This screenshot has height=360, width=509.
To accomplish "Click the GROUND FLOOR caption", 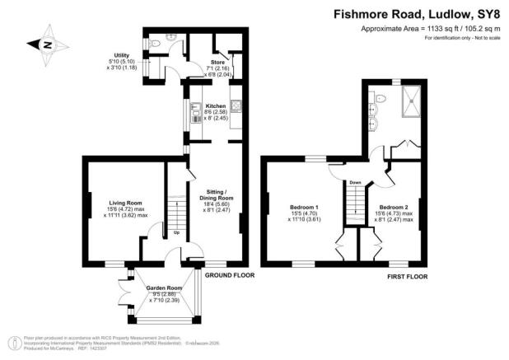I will point(228,275).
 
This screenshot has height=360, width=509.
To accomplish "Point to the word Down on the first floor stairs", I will point(355,182).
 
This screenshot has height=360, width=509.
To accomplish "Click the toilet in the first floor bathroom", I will point(377,97).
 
